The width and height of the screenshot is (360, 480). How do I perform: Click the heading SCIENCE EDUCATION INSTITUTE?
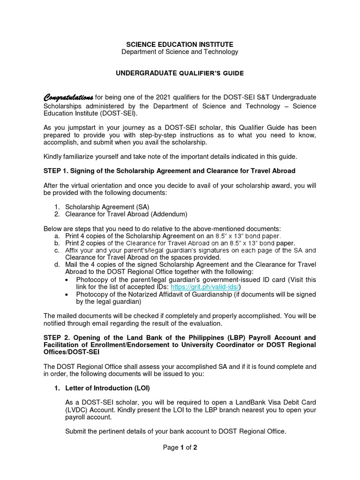(180, 44)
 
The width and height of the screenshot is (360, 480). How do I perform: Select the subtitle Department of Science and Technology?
(180, 52)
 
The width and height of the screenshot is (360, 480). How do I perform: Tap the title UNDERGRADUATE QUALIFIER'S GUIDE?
(180, 74)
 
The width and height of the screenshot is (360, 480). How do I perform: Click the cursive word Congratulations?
(68, 97)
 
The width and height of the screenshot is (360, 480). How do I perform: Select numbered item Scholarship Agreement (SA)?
(107, 207)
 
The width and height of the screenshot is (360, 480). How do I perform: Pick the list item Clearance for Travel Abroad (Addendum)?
(126, 214)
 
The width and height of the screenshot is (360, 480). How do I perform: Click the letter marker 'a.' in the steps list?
(57, 236)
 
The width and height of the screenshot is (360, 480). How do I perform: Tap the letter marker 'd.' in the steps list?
(57, 265)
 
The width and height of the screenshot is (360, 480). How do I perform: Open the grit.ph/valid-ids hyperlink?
(205, 287)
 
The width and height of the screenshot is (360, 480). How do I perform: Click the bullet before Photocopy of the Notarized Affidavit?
(68, 294)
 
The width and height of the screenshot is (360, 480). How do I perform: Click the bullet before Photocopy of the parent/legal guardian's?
(68, 280)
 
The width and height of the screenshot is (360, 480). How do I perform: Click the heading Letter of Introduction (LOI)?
(107, 388)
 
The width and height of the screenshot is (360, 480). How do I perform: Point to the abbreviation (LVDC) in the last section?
(76, 410)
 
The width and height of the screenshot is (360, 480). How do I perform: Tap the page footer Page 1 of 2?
(180, 448)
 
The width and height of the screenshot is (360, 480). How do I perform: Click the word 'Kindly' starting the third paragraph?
(53, 156)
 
